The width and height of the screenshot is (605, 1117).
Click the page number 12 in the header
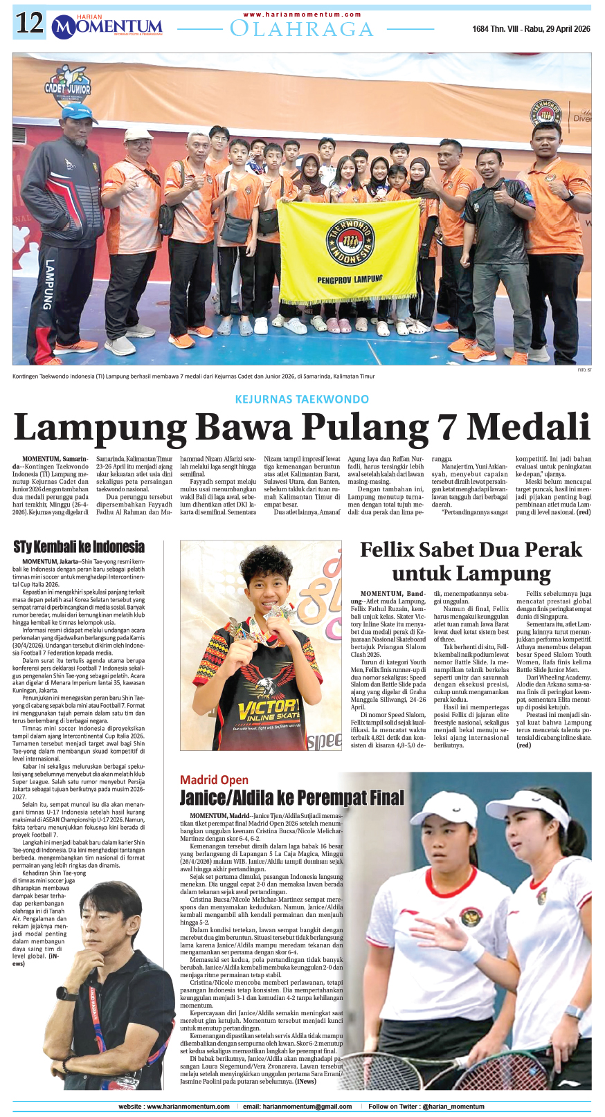(30, 25)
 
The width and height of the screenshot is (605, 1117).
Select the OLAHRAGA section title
(302, 29)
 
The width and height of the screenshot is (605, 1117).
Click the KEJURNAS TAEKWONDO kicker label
(302, 399)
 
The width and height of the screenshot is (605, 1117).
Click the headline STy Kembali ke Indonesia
(79, 547)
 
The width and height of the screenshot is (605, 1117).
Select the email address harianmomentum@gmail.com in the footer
(297, 1106)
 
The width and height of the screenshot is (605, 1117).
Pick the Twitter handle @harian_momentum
(453, 1106)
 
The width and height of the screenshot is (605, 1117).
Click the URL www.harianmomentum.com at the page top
(302, 14)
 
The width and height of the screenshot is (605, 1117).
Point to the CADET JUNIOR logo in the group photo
(68, 87)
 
